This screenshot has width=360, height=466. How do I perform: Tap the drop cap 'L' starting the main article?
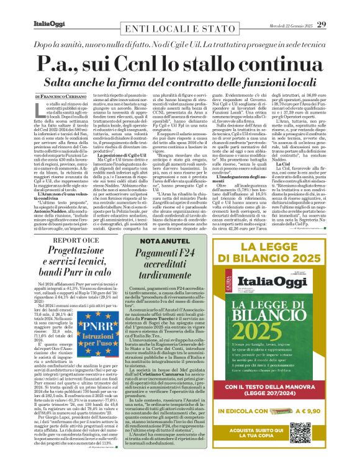[x=39, y=110]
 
